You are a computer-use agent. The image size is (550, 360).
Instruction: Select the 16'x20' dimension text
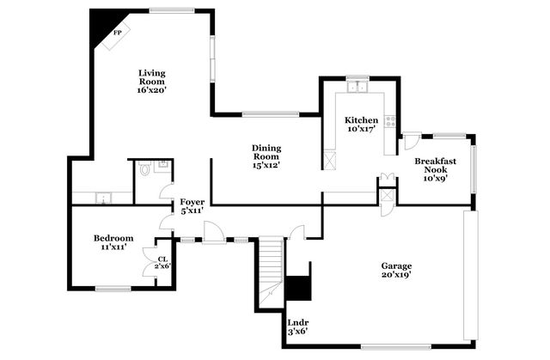tap(150, 88)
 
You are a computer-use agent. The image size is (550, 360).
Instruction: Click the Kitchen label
tap(361, 119)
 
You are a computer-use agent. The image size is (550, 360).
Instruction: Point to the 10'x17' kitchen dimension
tap(361, 129)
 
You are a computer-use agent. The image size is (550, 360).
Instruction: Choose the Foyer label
tap(192, 203)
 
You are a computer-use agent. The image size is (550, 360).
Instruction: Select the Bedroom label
tap(113, 238)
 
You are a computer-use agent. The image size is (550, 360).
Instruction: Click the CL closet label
tap(162, 259)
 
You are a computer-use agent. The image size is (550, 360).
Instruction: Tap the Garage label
tap(397, 265)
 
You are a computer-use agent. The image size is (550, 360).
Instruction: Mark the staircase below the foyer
tap(271, 265)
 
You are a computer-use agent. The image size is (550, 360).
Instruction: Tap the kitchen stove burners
tap(390, 121)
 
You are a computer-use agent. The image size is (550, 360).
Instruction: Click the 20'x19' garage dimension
tap(397, 276)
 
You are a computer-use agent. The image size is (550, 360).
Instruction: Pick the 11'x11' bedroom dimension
tap(113, 247)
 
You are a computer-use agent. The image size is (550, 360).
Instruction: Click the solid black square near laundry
tap(298, 288)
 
